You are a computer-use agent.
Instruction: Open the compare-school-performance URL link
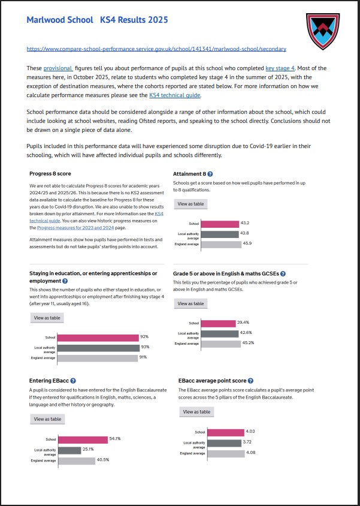(x=156, y=49)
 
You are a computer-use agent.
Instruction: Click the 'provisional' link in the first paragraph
(x=57, y=68)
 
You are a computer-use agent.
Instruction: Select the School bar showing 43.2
(x=220, y=224)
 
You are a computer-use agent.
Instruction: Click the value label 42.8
(x=244, y=234)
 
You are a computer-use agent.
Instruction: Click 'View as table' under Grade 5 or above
(x=190, y=303)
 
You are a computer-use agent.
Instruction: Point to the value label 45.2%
(x=248, y=344)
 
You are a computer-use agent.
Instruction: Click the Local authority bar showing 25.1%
(x=69, y=450)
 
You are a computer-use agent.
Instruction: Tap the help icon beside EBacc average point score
(x=250, y=381)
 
